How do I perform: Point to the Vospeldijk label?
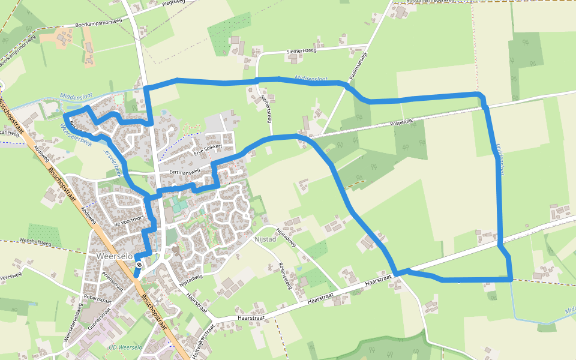click(402, 122)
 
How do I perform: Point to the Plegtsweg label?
click(170, 2)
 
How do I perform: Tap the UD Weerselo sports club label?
click(125, 348)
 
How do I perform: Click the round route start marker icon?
click(139, 264)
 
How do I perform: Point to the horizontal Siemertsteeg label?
click(301, 52)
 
